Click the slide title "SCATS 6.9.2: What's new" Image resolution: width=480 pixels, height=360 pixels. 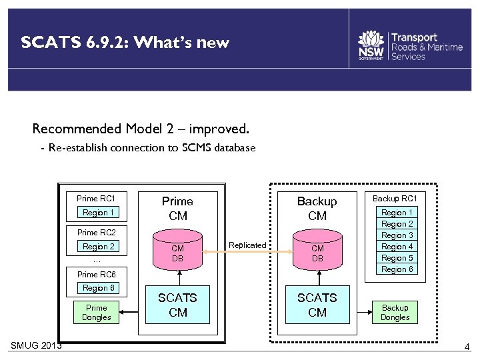click(125, 43)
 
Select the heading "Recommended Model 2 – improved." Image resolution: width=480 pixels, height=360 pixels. click(141, 128)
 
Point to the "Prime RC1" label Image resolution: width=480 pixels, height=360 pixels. click(96, 199)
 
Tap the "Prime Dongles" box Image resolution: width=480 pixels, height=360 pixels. click(97, 313)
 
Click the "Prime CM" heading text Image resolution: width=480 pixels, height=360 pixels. click(177, 208)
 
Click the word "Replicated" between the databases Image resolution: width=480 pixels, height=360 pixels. click(247, 245)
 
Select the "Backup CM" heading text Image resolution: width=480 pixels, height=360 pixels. click(317, 208)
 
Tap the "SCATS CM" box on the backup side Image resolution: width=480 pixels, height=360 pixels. click(317, 305)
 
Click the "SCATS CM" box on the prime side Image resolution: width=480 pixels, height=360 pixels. click(178, 305)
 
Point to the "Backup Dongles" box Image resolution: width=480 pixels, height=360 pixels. click(395, 313)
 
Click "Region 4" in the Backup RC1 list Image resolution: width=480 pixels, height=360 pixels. click(397, 247)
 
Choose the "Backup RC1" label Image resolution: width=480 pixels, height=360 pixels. click(395, 199)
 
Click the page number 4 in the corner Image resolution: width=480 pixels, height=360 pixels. click(467, 347)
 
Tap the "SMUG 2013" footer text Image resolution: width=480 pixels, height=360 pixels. click(37, 345)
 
